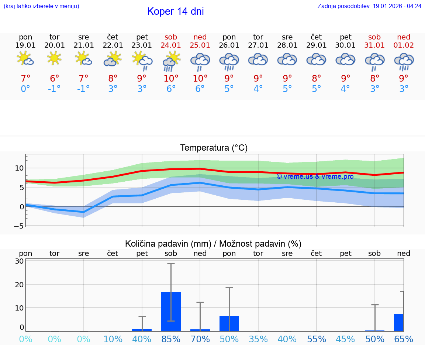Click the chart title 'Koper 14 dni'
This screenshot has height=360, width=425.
coord(175,11)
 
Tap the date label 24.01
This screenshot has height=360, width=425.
coord(171,45)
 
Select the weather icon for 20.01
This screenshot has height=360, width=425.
coord(55,58)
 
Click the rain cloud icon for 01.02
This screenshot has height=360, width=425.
coord(404,61)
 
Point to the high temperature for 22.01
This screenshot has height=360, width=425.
coord(113,79)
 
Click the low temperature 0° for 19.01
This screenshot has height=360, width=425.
coord(25,89)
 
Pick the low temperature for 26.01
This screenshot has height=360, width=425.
coord(229,89)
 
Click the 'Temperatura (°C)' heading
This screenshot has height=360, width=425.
coord(214,148)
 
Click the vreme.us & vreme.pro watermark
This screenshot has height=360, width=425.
coord(315,176)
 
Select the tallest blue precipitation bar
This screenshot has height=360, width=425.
coord(171,311)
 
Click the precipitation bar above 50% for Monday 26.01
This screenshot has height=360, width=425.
coord(229,323)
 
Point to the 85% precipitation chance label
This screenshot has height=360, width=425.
coord(171,339)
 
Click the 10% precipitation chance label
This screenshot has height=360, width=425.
coord(113,339)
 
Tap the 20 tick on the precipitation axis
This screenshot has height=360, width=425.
coord(19,284)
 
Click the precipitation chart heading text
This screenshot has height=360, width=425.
coord(213,244)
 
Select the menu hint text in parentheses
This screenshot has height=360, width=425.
coord(41,6)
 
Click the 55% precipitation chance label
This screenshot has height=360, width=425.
coord(317,339)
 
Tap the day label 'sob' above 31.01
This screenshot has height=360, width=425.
coord(374,37)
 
